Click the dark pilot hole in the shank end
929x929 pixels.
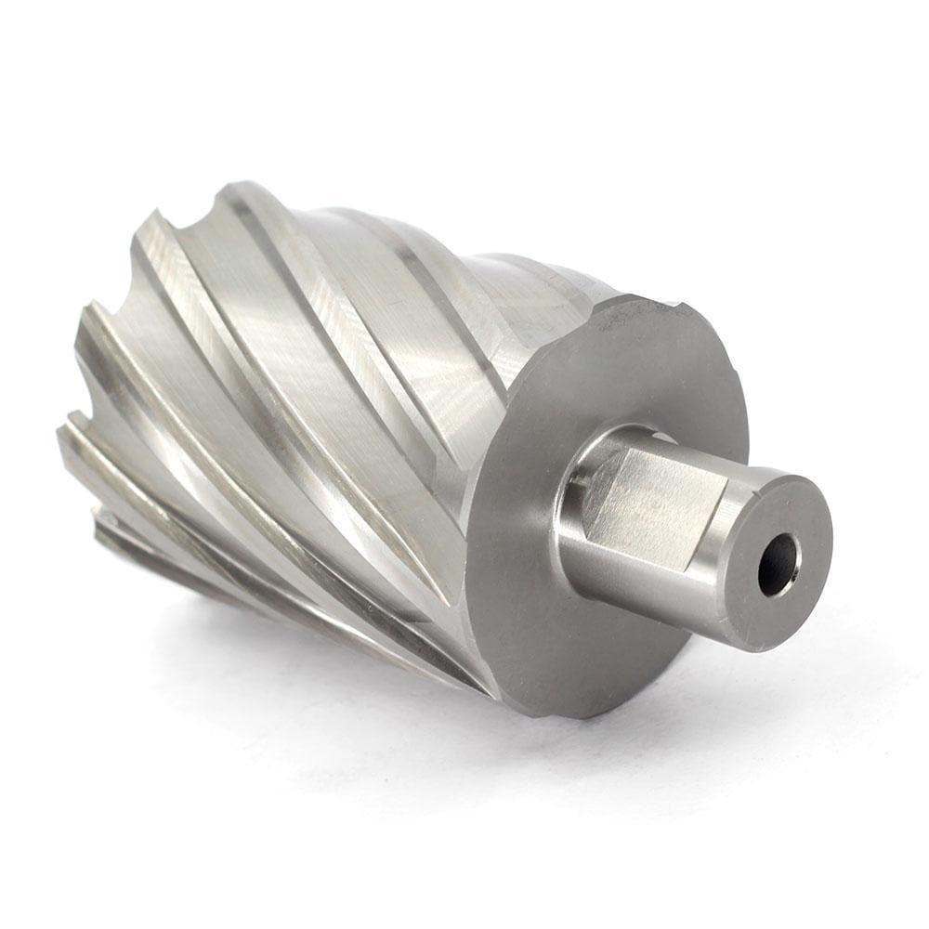coord(778,564)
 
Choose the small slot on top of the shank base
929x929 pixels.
coord(661,436)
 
